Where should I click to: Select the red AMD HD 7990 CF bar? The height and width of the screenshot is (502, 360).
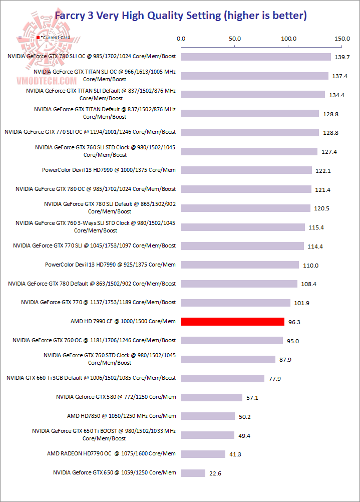coord(232,322)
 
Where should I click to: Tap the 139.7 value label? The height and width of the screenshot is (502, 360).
coord(342,57)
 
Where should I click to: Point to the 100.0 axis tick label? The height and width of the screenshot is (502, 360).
coord(288,38)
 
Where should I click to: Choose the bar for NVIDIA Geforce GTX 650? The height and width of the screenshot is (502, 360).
coord(193,473)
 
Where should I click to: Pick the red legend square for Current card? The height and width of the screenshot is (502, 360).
coord(38,38)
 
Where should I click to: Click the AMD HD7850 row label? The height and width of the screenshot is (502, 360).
coord(121,416)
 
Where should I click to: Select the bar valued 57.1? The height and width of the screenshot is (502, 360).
coord(212,397)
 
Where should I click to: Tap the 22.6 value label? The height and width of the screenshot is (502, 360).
coord(216,473)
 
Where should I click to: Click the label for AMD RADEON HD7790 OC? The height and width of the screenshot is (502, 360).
coord(111,453)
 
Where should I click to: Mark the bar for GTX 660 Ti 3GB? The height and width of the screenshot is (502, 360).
coord(223,378)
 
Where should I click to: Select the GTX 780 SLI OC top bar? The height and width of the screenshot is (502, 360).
coord(256,57)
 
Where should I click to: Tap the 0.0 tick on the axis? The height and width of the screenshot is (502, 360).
coord(181,38)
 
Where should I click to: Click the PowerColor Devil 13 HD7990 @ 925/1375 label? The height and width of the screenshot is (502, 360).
coord(110,265)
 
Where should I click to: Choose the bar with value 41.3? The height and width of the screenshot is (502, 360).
coord(203,454)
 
